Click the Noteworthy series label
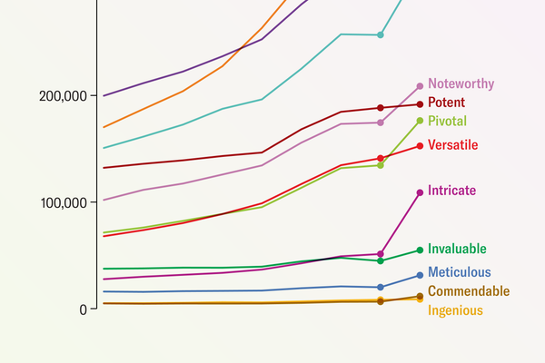pyautogui.click(x=461, y=83)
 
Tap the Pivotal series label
pyautogui.click(x=449, y=121)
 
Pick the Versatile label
pyautogui.click(x=452, y=145)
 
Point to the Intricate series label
pyautogui.click(x=451, y=191)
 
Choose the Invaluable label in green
pyautogui.click(x=457, y=249)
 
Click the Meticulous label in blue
pyautogui.click(x=459, y=272)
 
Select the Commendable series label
pyautogui.click(x=468, y=291)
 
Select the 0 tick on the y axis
pyautogui.click(x=82, y=309)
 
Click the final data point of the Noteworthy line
pyautogui.click(x=420, y=86)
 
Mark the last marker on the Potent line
pyautogui.click(x=420, y=103)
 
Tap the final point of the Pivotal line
pyautogui.click(x=420, y=121)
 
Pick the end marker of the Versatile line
pyautogui.click(x=420, y=145)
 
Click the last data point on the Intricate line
pyautogui.click(x=420, y=192)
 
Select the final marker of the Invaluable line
pyautogui.click(x=420, y=250)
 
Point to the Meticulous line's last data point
pyautogui.click(x=420, y=275)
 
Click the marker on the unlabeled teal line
pyautogui.click(x=381, y=35)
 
